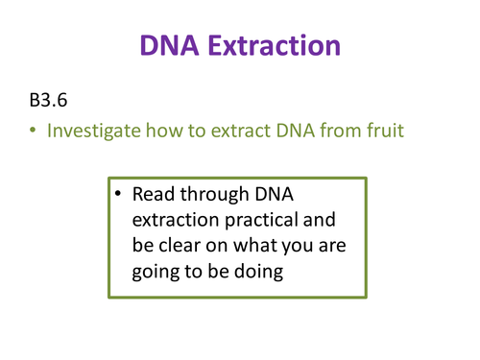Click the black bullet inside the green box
point(118,195)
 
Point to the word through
point(223,195)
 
